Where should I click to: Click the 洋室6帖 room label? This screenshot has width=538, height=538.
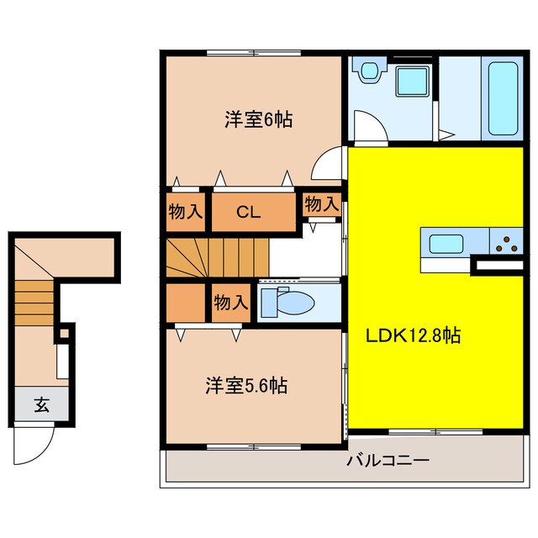[x=258, y=119]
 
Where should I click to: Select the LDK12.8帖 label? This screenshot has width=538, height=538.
[x=412, y=335]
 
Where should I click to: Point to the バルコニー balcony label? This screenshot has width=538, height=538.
[x=388, y=461]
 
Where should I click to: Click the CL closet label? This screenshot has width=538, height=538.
[x=247, y=212]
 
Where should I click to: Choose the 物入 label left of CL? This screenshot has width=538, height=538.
[x=186, y=212]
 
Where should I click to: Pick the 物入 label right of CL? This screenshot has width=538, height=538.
[x=321, y=203]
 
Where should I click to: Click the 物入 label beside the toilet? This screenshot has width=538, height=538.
[x=229, y=302]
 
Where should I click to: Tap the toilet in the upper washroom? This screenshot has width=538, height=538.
[x=367, y=74]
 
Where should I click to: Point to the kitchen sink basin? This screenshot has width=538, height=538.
[x=446, y=244]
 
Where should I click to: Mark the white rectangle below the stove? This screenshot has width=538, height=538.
[x=498, y=266]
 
